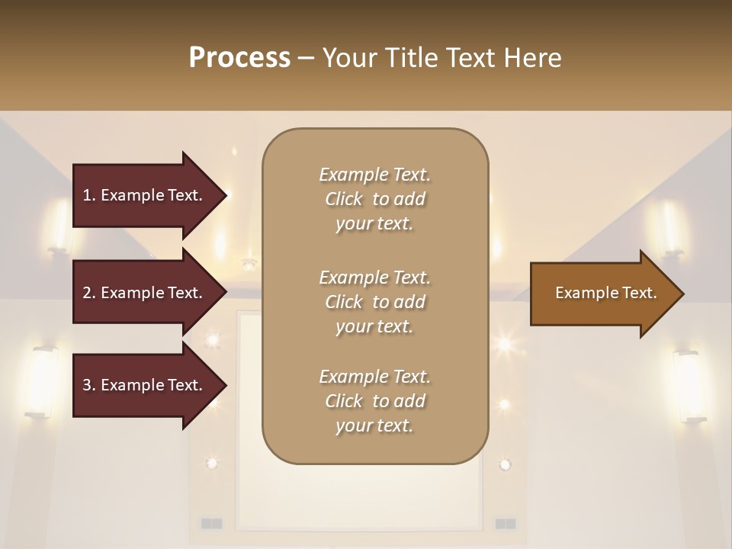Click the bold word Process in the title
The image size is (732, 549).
239,58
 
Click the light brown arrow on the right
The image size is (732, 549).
602,294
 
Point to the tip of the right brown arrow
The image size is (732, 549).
682,294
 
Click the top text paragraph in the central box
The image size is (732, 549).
374,199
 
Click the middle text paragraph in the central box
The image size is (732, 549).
374,301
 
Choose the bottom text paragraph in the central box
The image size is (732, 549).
374,401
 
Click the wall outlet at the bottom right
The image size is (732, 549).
505,523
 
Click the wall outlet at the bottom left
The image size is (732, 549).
211,523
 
